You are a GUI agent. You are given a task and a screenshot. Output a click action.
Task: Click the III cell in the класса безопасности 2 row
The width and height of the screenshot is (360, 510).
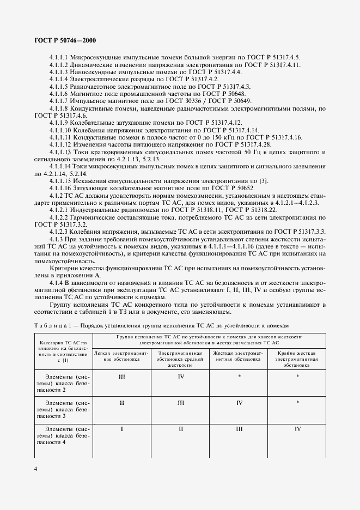[122, 376]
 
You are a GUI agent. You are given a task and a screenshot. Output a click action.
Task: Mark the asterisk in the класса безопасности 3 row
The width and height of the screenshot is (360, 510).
[297, 403]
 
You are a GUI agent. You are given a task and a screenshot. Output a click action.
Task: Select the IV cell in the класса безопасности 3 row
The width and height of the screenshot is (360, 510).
[239, 403]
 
